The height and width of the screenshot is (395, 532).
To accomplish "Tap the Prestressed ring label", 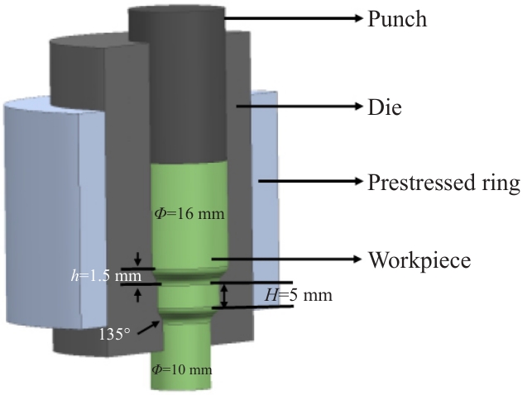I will (x=443, y=183).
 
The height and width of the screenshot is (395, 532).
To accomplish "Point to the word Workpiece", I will (x=419, y=259).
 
